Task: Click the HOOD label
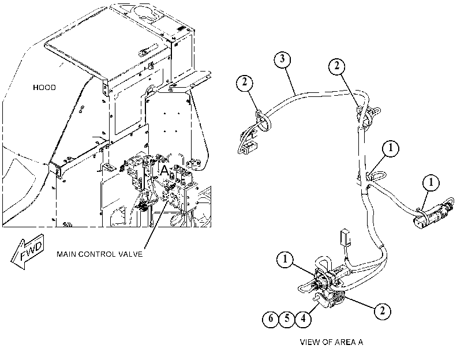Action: pyautogui.click(x=44, y=88)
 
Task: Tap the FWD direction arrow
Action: pyautogui.click(x=28, y=252)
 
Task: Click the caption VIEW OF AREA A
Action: pyautogui.click(x=331, y=342)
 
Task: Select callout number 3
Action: pyautogui.click(x=282, y=59)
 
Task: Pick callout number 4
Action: pyautogui.click(x=303, y=319)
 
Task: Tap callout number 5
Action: pyautogui.click(x=287, y=319)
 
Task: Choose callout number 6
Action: pyautogui.click(x=271, y=319)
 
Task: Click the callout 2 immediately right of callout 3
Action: pyautogui.click(x=337, y=66)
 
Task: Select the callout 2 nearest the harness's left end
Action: pyautogui.click(x=245, y=82)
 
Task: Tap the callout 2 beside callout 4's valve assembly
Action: pyautogui.click(x=383, y=311)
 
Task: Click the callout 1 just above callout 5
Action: pyautogui.click(x=285, y=260)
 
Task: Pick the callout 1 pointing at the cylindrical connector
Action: pyautogui.click(x=430, y=182)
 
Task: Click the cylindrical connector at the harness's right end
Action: pyautogui.click(x=435, y=213)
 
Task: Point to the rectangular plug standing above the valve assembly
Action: pyautogui.click(x=346, y=237)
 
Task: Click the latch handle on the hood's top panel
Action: pyautogui.click(x=148, y=50)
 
